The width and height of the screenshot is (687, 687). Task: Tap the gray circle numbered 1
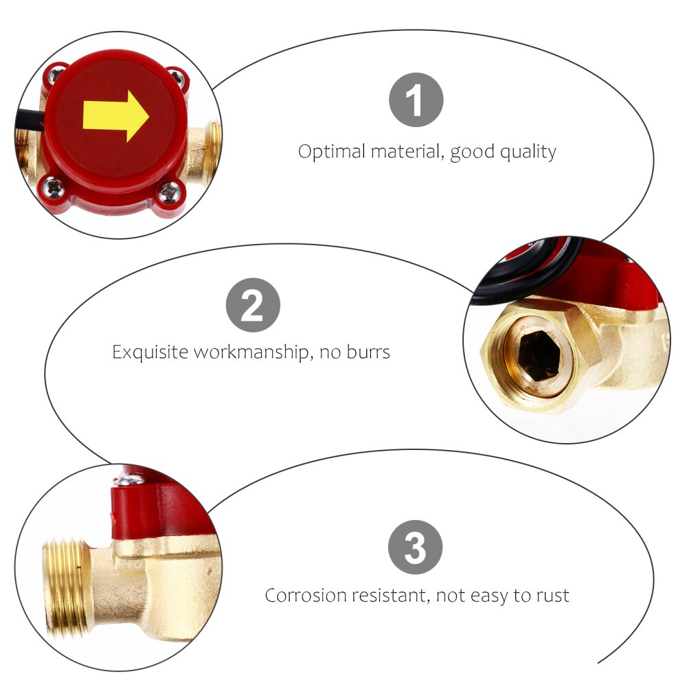(416, 100)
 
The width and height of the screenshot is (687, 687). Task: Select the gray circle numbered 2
(253, 305)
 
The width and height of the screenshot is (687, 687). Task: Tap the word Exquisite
(150, 352)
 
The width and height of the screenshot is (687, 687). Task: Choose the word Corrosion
(306, 595)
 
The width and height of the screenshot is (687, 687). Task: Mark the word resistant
(391, 595)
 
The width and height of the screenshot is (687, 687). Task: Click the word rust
(552, 595)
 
